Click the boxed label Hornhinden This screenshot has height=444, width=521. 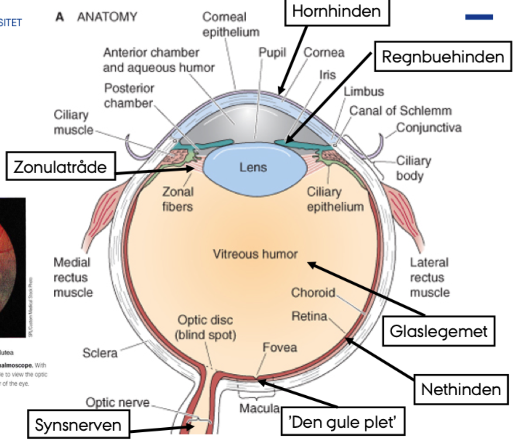[x=336, y=12]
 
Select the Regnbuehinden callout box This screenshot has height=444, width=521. [x=443, y=57]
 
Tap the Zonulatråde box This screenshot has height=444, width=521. [x=60, y=167]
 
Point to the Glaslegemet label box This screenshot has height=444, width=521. [x=439, y=331]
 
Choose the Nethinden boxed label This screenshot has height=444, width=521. [x=461, y=389]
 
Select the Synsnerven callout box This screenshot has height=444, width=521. [x=78, y=425]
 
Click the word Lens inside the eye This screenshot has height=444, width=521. [x=253, y=167]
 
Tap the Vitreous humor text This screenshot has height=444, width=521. [x=255, y=254]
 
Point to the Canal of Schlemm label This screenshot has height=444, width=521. [x=400, y=110]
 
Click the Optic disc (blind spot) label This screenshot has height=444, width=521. [x=205, y=327]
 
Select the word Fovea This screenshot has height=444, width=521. [x=280, y=347]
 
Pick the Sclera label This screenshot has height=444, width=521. [x=100, y=353]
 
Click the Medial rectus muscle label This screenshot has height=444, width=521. [x=73, y=277]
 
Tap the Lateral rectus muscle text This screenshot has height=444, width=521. [x=429, y=277]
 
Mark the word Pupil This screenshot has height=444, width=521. [x=272, y=52]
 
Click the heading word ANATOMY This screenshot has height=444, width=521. [x=107, y=17]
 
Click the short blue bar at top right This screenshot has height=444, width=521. [x=479, y=17]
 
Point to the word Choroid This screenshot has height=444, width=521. [x=313, y=292]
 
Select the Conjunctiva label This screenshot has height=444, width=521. [x=429, y=128]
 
